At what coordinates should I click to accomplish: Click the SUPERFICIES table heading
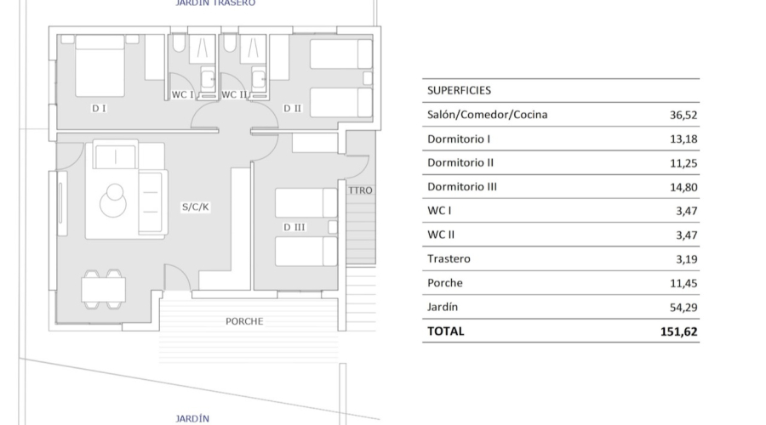(x=459, y=90)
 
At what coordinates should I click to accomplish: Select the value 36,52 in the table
(x=684, y=115)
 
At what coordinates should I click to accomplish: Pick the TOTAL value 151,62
(x=679, y=331)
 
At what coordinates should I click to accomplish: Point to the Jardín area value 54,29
(x=684, y=307)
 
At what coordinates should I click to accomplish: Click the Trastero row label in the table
(x=449, y=258)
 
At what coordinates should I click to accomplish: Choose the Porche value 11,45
(x=684, y=283)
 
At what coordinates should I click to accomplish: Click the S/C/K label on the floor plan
(x=195, y=207)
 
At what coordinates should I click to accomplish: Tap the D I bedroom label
(x=99, y=108)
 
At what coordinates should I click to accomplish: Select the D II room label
(x=292, y=108)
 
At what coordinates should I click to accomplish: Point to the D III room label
(x=295, y=227)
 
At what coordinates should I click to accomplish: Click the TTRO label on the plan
(x=360, y=190)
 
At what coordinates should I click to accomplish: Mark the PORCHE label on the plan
(x=244, y=321)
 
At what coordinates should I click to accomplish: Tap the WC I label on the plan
(x=183, y=95)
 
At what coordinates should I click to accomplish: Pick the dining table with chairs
(x=103, y=290)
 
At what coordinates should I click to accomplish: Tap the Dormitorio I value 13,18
(x=684, y=139)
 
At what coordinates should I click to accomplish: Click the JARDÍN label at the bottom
(x=192, y=418)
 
